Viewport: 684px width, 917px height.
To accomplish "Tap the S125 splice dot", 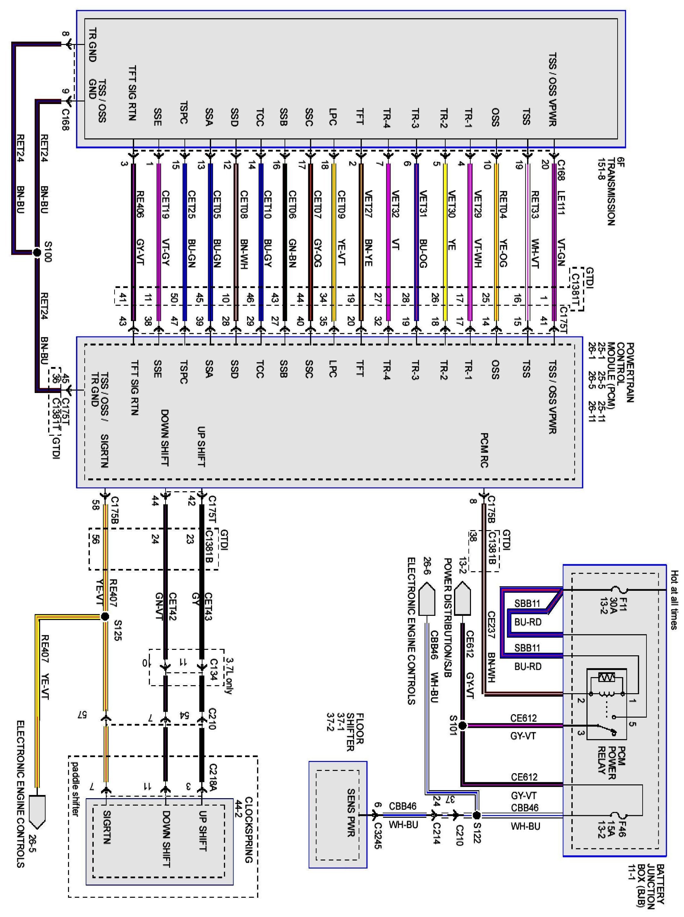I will pyautogui.click(x=105, y=616).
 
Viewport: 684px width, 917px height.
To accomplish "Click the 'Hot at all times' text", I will pyautogui.click(x=674, y=599).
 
